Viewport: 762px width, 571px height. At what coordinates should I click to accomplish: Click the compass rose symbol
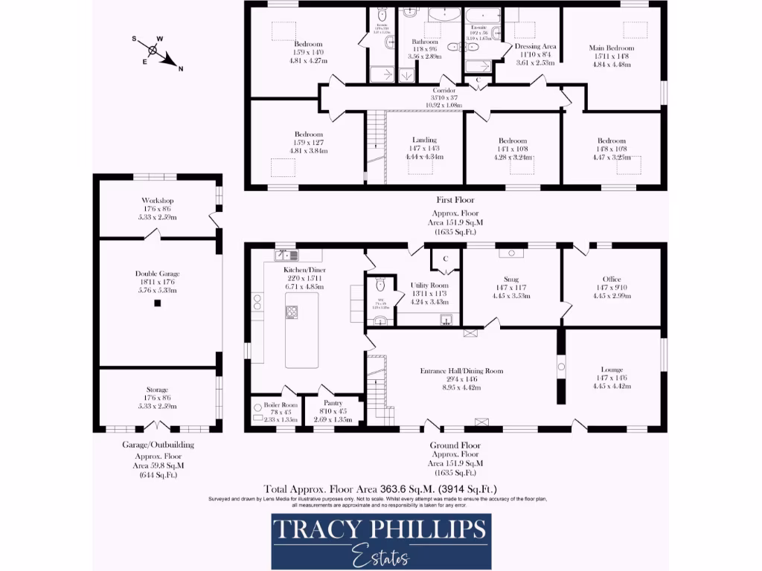(153, 51)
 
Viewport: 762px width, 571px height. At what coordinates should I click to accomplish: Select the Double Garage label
(157, 274)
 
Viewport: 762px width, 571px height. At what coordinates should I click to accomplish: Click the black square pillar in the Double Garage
(157, 303)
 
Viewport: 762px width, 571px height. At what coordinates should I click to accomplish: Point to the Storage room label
(157, 390)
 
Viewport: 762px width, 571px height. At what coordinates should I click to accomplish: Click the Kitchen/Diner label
(305, 269)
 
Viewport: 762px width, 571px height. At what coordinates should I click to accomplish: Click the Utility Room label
(429, 285)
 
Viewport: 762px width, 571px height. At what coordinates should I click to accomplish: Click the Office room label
(612, 279)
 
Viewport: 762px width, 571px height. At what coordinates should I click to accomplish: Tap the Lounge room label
(612, 370)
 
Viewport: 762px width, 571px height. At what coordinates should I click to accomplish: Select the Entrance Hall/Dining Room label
(461, 371)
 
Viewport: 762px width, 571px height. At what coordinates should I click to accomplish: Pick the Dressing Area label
(536, 46)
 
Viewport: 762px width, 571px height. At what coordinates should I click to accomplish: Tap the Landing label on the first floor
(424, 140)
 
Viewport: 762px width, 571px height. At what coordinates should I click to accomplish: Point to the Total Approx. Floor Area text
(380, 488)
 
